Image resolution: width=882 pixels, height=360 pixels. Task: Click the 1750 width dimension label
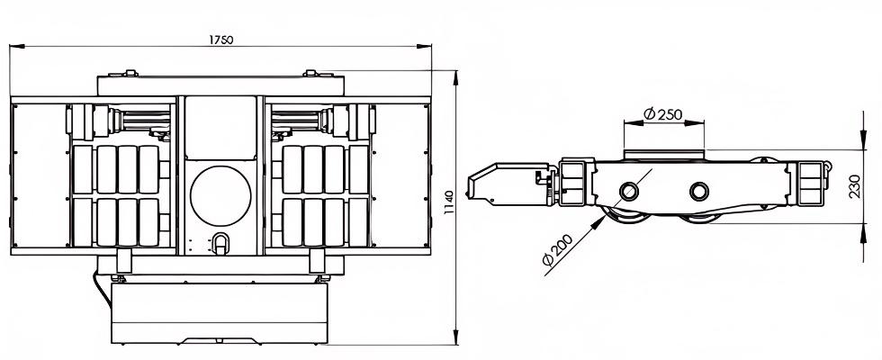point(220,40)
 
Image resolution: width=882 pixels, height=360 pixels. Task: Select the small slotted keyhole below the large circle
point(220,243)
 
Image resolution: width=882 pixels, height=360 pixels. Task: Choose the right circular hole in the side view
point(699,191)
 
